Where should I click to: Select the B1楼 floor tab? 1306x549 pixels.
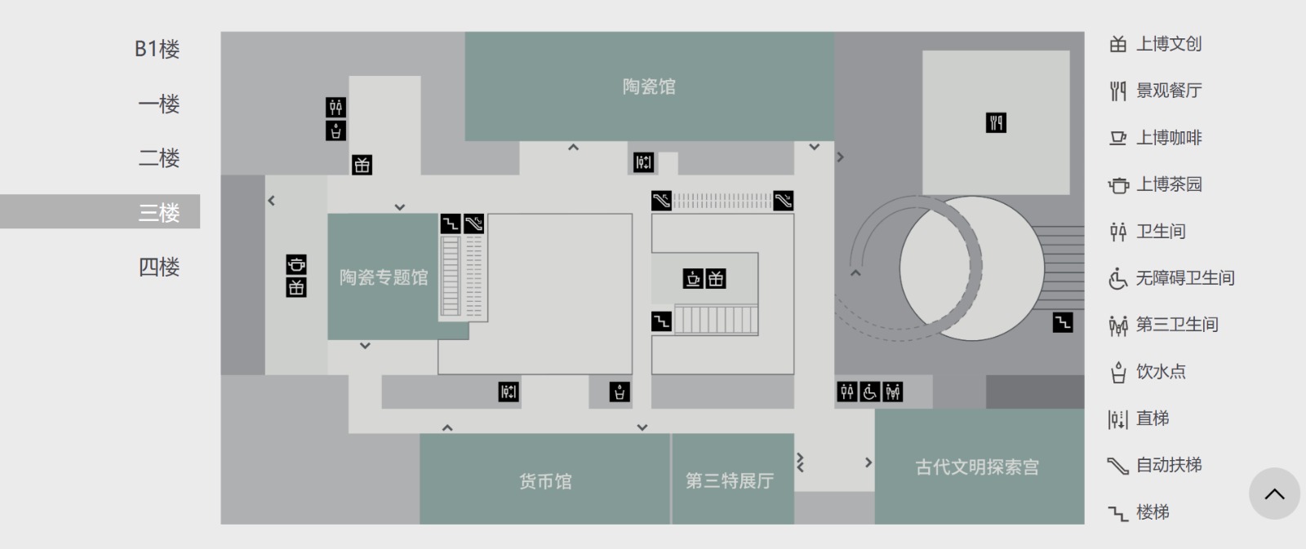pos(157,49)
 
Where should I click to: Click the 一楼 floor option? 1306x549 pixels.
pos(158,104)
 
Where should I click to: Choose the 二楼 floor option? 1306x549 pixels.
pos(158,157)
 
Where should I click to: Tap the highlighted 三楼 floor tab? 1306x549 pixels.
pos(158,212)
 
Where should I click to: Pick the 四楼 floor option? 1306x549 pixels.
pos(158,266)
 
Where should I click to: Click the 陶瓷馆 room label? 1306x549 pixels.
pos(649,86)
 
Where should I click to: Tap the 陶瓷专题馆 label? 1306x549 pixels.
pos(384,277)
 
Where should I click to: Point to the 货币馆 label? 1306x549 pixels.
pos(545,481)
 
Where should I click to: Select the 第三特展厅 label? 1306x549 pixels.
pos(730,481)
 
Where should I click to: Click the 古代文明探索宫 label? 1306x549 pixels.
pos(977,467)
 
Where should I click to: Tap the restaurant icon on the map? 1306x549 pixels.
pos(996,122)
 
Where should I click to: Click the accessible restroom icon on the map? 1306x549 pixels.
pos(870,392)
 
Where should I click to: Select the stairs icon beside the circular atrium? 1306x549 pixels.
pos(1062,323)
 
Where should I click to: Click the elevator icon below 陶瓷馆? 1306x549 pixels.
pos(643,162)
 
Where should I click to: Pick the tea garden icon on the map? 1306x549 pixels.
pos(296,264)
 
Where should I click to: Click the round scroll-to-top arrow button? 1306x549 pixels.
pos(1274,494)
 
